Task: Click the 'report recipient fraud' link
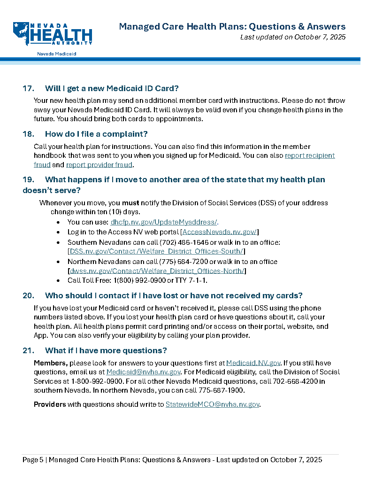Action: pyautogui.click(x=310, y=155)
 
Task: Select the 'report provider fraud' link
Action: pyautogui.click(x=100, y=165)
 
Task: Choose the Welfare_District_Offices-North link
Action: pyautogui.click(x=157, y=271)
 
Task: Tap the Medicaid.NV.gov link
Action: pyautogui.click(x=253, y=363)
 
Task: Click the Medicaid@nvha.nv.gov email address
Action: pyautogui.click(x=144, y=372)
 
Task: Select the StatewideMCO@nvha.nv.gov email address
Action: pyautogui.click(x=213, y=404)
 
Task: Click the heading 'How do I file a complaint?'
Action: pyautogui.click(x=96, y=134)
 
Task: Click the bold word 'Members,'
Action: pyautogui.click(x=51, y=363)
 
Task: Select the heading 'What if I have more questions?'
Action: pyautogui.click(x=106, y=351)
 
